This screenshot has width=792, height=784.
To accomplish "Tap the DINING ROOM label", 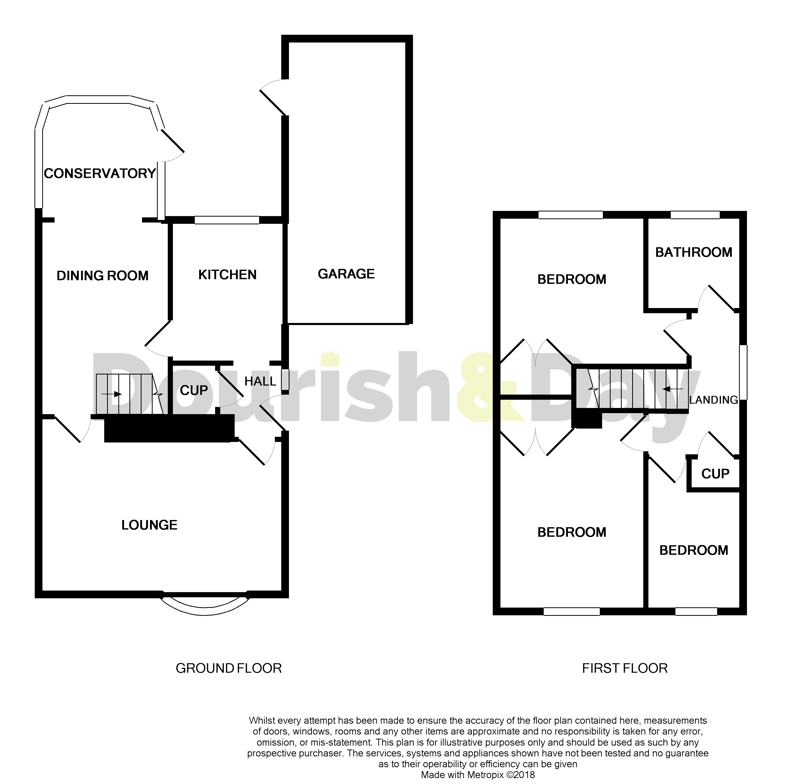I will tap(102, 276).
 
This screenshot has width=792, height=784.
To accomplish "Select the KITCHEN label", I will tap(227, 275).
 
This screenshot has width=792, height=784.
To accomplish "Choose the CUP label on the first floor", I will tap(715, 474).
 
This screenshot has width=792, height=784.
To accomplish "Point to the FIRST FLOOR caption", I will tap(625, 668).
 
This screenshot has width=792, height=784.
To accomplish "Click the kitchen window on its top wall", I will tap(227, 220).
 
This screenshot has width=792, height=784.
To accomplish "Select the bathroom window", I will tap(695, 215).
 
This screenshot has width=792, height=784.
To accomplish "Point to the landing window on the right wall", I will tap(743, 372).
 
